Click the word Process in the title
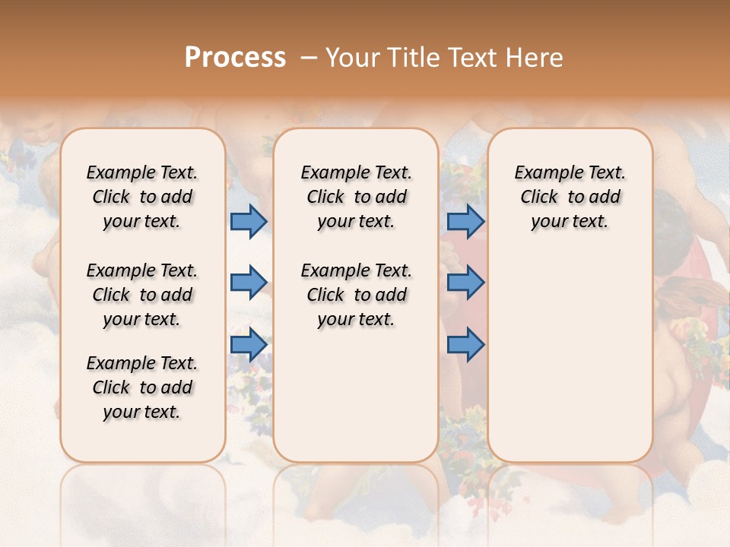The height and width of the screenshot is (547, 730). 235,58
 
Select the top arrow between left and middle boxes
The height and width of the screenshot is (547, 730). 249,221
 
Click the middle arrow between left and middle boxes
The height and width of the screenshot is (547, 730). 249,283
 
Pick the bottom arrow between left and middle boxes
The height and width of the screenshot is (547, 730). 249,345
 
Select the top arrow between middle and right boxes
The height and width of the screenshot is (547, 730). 465,221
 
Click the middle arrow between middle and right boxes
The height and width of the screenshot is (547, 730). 465,283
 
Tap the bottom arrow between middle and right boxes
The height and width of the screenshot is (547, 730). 465,345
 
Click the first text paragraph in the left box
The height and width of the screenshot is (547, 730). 142,197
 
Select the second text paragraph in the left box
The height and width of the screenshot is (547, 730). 142,295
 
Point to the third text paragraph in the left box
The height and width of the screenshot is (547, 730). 142,387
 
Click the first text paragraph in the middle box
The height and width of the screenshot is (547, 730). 356,197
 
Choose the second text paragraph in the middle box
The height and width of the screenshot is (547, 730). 356,295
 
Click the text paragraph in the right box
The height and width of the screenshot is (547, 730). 570,197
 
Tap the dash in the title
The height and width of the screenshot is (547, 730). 308,58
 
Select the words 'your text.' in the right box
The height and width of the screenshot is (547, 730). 570,222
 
